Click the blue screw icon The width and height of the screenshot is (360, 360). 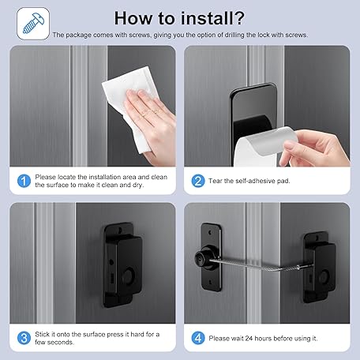click(33, 24)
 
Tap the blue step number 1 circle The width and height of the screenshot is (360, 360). click(24, 181)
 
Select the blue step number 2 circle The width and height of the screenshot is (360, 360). click(198, 181)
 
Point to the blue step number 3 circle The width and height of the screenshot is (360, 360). click(24, 338)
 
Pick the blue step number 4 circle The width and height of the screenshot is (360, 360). click(198, 338)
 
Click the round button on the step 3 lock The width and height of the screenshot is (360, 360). click(129, 277)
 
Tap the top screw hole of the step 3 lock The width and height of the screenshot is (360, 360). click(120, 231)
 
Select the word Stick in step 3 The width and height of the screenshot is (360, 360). click(42, 334)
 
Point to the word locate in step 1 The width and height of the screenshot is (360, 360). click(66, 177)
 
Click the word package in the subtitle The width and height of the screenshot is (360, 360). click(78, 35)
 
